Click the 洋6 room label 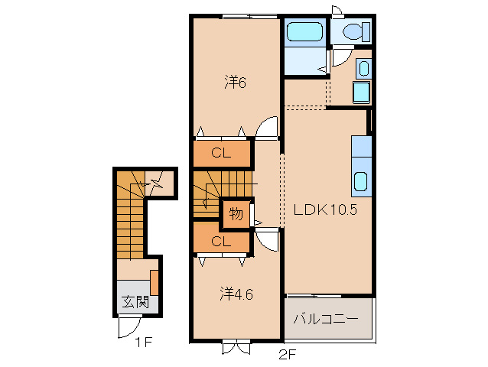235,83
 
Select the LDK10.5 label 325,210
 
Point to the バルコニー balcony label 326,319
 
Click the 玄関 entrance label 135,301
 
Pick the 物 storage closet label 236,214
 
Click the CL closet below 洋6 221,153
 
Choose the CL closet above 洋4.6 221,242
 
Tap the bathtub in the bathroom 304,31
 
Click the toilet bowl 353,31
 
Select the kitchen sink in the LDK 361,181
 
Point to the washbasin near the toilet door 363,68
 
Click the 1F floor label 143,343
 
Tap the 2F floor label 287,355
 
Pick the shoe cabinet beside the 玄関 155,283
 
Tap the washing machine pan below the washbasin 361,92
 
